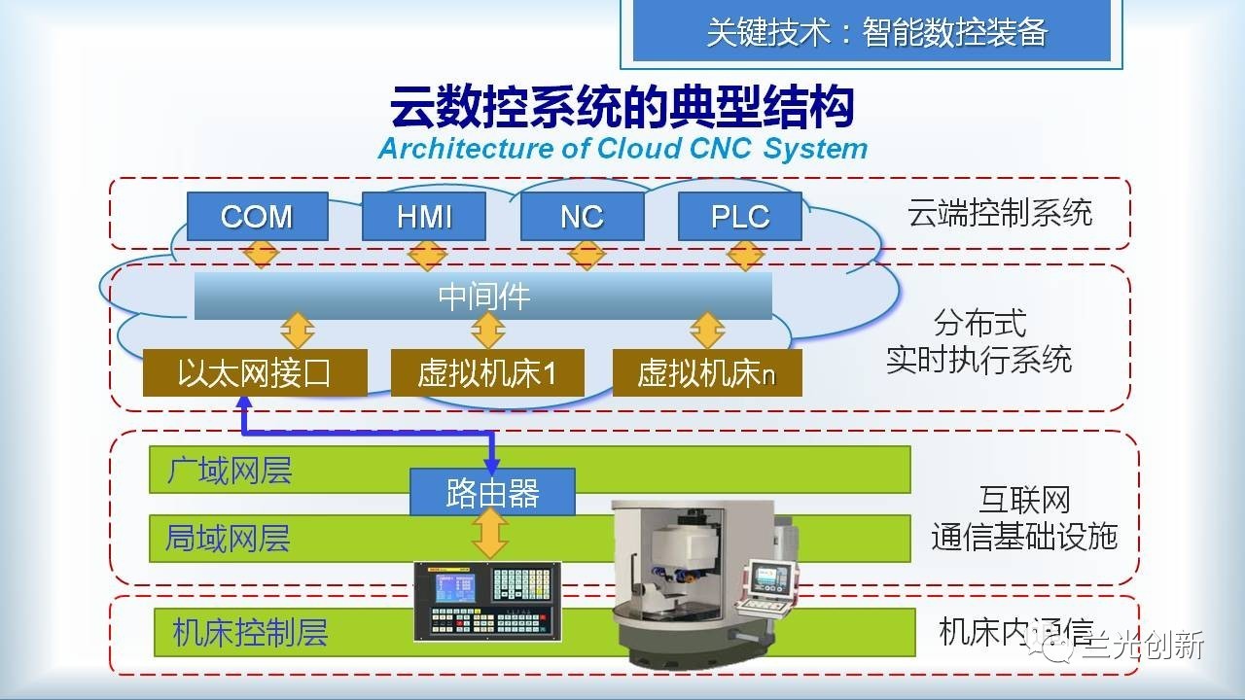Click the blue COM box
256,216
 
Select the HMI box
424,216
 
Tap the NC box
582,216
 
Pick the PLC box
740,216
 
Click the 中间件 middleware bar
483,296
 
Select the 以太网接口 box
255,373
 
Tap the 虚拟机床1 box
487,373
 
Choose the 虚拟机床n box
707,373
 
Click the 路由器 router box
492,493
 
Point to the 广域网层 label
230,472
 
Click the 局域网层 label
229,539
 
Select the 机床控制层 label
250,633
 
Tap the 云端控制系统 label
1000,213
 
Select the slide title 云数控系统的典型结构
622,107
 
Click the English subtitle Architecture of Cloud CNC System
622,149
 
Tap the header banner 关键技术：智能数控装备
876,32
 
